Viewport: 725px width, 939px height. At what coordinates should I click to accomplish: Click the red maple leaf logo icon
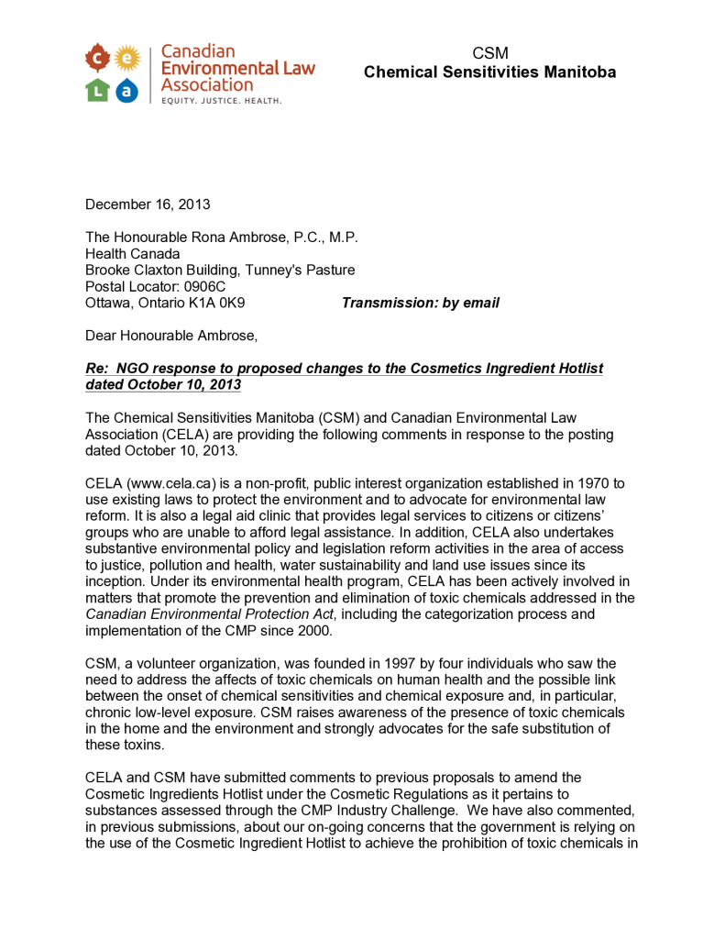97,59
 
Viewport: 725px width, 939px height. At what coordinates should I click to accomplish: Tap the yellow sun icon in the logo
127,59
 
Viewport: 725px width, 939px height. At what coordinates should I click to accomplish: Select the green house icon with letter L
97,89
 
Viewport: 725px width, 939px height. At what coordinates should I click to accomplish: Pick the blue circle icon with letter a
127,89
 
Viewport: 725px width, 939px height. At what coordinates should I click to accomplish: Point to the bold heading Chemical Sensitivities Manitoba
489,72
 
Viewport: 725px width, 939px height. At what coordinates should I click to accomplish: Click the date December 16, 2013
148,204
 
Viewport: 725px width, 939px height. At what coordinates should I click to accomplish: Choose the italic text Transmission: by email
421,303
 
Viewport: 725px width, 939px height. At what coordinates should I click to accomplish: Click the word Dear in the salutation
102,336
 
